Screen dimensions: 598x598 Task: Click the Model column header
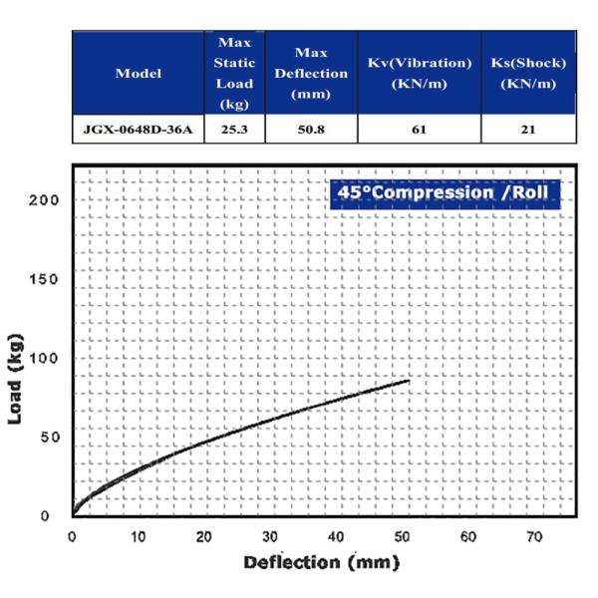tap(139, 73)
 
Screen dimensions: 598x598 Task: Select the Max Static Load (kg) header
tap(234, 73)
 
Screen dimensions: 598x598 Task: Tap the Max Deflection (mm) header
tap(311, 73)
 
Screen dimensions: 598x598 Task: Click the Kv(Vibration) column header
tap(420, 73)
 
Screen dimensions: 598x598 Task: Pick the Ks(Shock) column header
tap(528, 73)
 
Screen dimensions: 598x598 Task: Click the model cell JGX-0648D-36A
tap(139, 130)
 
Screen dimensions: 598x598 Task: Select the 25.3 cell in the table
tap(234, 130)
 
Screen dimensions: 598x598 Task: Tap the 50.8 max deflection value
tap(311, 130)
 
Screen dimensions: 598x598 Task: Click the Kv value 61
tap(420, 130)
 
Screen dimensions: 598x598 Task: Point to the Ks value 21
tap(528, 130)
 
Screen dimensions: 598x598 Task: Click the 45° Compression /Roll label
tap(444, 192)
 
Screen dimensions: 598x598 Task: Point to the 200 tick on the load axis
tap(44, 200)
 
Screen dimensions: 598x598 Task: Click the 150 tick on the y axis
tap(44, 279)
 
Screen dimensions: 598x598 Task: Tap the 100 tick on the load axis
tap(44, 358)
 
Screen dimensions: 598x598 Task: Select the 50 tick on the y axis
tap(51, 438)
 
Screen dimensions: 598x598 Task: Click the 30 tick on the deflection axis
tap(270, 537)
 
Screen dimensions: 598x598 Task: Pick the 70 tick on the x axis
tap(534, 537)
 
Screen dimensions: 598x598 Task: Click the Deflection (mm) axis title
tap(322, 563)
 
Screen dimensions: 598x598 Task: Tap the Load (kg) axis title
tap(16, 379)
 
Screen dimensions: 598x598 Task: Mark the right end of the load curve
tap(410, 381)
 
